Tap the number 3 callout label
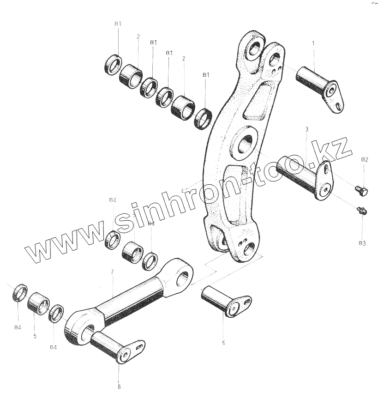[306, 130]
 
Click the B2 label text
[365, 159]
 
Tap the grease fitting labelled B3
[361, 211]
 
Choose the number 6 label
[223, 343]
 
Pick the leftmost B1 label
[118, 23]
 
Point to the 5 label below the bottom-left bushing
[35, 336]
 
